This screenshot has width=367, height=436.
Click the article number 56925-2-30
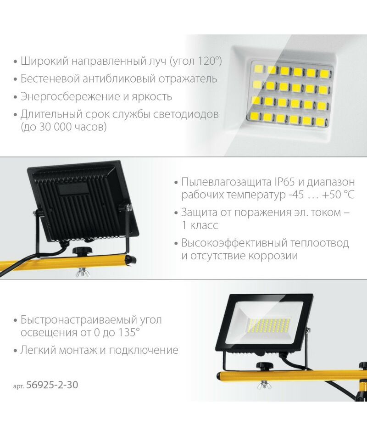[x=52, y=385]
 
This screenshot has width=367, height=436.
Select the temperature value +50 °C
[x=338, y=195]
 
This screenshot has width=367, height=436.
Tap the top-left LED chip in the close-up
[x=258, y=69]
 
